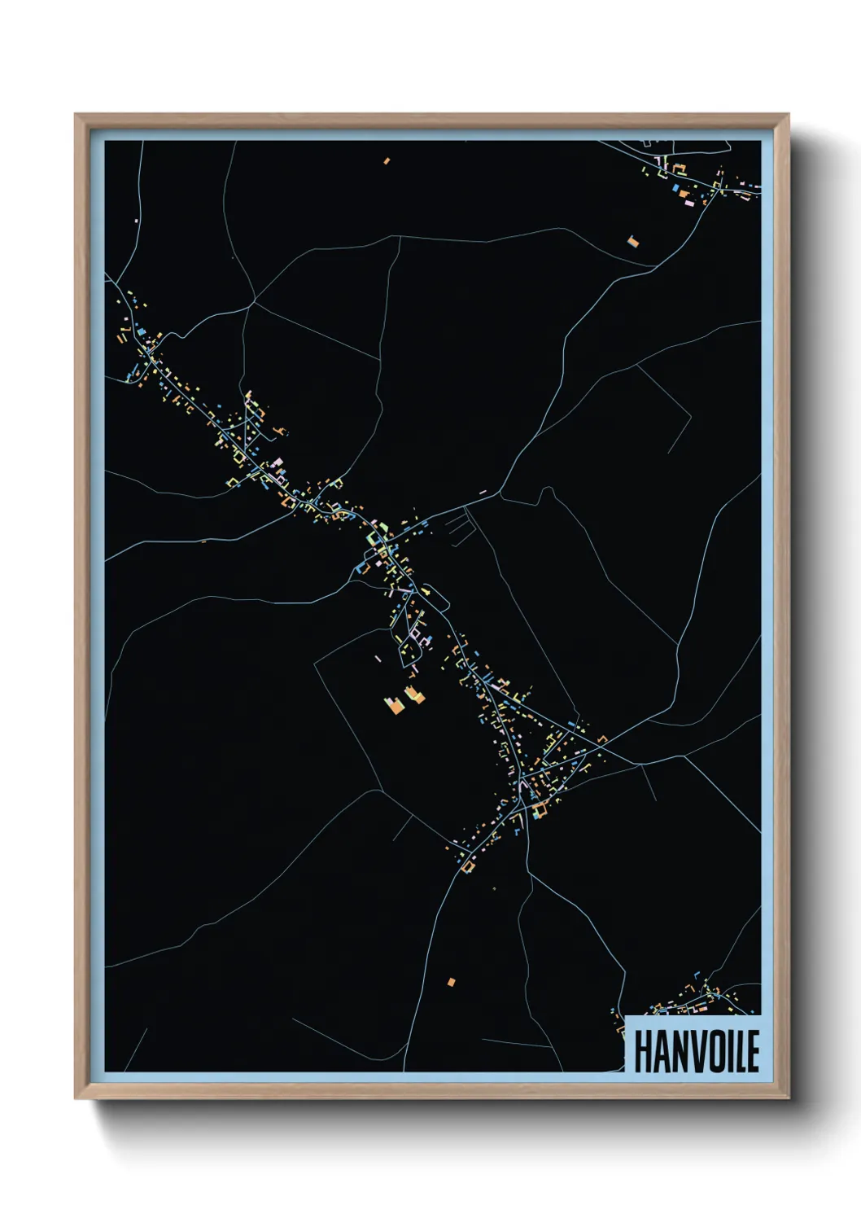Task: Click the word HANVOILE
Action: click(697, 1051)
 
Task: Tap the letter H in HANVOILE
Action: click(642, 1051)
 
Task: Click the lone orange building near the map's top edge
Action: click(387, 161)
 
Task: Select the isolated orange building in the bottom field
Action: click(451, 981)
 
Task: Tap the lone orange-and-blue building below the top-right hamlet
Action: click(632, 240)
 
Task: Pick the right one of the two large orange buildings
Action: click(415, 695)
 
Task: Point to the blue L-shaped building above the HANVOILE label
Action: click(661, 1009)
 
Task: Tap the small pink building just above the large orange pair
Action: click(378, 658)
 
